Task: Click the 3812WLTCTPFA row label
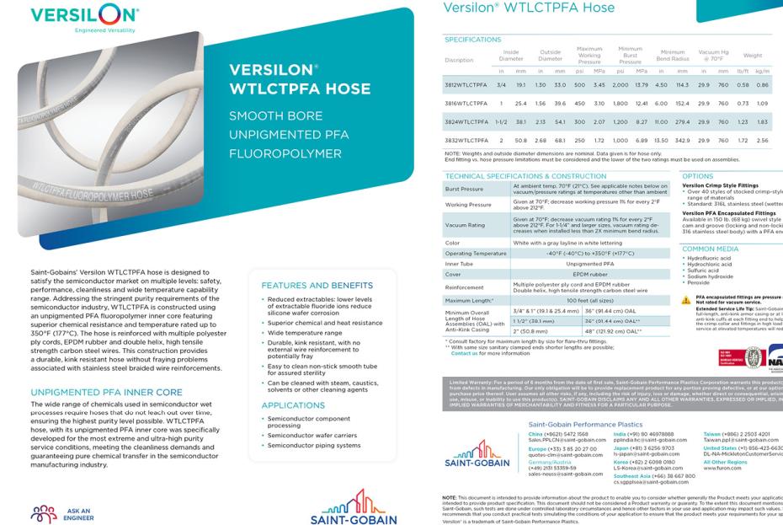tap(468, 85)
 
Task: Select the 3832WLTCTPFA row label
tap(468, 139)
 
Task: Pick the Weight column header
tap(753, 56)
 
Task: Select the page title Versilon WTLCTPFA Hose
tap(528, 8)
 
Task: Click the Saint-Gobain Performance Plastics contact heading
tap(585, 404)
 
